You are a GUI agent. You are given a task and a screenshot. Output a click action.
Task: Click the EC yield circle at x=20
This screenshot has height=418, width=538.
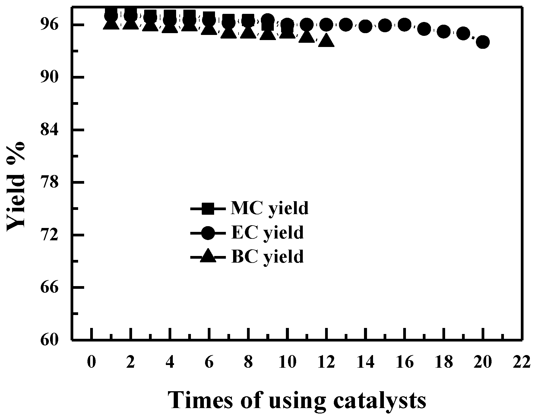click(483, 42)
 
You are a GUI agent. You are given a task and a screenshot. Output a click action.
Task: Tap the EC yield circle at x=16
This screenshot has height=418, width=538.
click(404, 25)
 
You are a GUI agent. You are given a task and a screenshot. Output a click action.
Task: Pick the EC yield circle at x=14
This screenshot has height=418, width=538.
click(365, 27)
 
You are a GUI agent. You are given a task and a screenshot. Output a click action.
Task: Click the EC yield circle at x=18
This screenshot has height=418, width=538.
click(444, 31)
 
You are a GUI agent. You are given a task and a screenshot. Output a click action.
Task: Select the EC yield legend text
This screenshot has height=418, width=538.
click(267, 232)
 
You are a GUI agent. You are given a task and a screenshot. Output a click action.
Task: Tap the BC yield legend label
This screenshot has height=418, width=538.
click(267, 257)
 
